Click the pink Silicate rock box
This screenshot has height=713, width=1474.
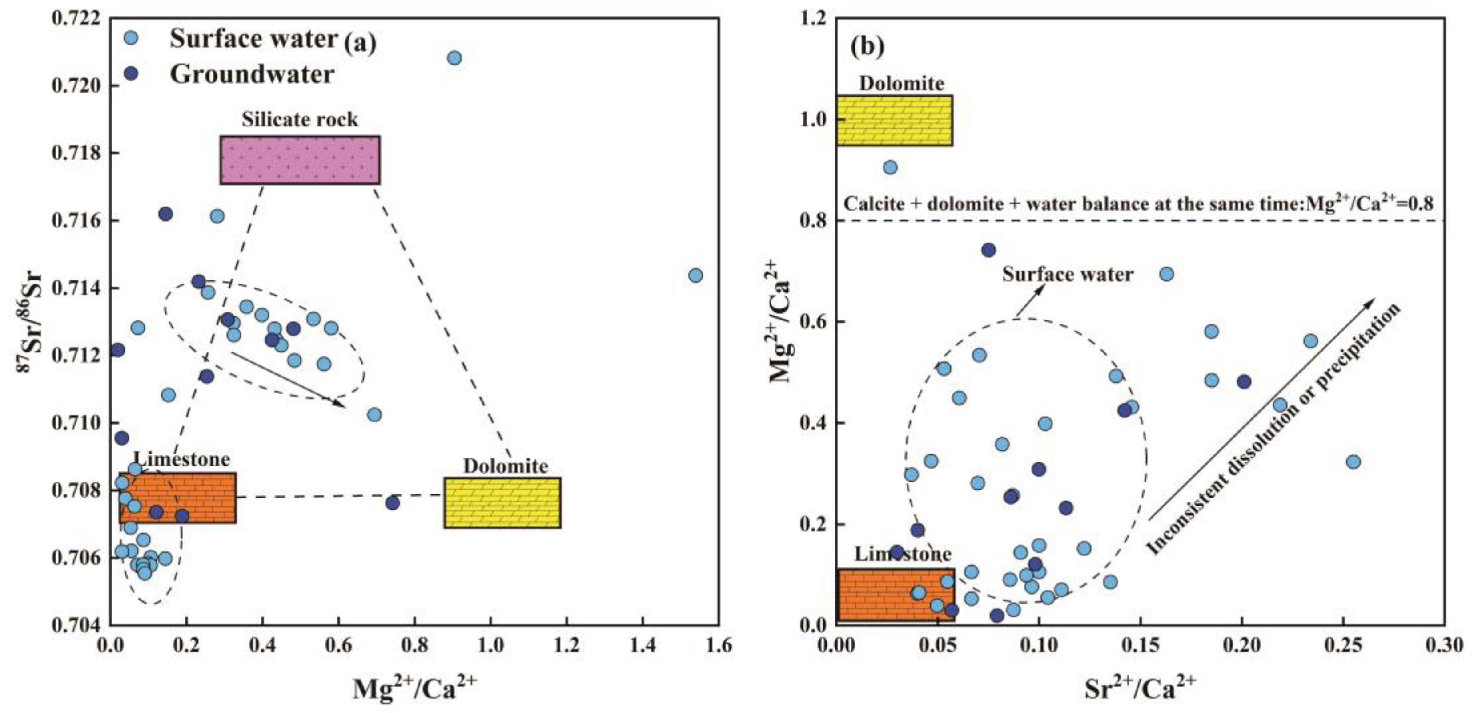300,160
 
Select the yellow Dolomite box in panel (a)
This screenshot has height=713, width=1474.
502,502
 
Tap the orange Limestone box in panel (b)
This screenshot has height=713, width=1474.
896,595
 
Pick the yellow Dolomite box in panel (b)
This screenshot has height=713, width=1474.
894,120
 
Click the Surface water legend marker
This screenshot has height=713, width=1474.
131,38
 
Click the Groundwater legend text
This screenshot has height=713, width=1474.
252,74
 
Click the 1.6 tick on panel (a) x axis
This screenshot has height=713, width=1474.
718,645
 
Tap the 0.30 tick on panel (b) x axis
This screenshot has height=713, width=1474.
1444,645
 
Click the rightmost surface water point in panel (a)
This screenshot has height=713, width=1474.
695,275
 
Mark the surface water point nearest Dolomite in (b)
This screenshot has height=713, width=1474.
890,168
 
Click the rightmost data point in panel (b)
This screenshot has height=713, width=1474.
1353,462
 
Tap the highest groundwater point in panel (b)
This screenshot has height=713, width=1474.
988,250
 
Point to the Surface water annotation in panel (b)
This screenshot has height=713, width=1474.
1067,274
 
